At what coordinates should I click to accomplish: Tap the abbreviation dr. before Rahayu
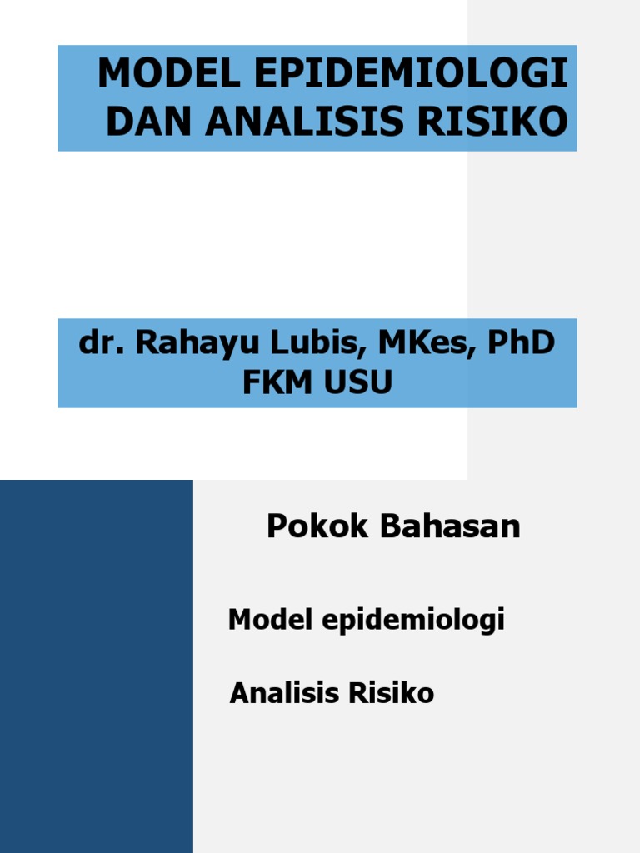[x=95, y=343]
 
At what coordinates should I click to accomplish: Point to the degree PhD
[x=520, y=343]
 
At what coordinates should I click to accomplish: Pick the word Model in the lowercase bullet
[x=262, y=620]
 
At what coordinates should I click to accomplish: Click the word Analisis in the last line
[x=280, y=693]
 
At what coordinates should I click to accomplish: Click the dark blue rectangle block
[x=96, y=666]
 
